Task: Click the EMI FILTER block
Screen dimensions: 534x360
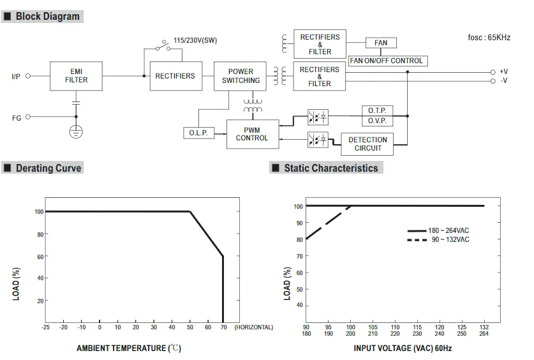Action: pyautogui.click(x=76, y=76)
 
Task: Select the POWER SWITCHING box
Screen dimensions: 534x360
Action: pyautogui.click(x=240, y=76)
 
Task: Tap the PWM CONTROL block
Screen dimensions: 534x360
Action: pyautogui.click(x=253, y=134)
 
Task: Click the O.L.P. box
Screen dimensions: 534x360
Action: pyautogui.click(x=199, y=133)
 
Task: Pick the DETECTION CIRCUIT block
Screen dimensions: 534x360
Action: pyautogui.click(x=367, y=144)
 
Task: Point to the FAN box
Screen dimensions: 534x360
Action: pyautogui.click(x=381, y=43)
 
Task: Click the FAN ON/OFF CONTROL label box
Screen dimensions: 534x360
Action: pyautogui.click(x=387, y=61)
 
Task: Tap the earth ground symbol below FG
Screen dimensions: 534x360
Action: pyautogui.click(x=76, y=131)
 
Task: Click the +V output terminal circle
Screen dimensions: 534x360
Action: pyautogui.click(x=493, y=72)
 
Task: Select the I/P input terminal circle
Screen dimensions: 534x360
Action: pyautogui.click(x=28, y=76)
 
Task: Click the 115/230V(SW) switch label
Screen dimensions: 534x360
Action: pyautogui.click(x=195, y=40)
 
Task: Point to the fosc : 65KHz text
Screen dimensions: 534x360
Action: pyautogui.click(x=489, y=38)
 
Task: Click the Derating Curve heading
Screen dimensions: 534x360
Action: pyautogui.click(x=48, y=169)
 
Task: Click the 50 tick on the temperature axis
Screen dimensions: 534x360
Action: pyautogui.click(x=190, y=327)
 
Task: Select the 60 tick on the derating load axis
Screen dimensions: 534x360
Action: pyautogui.click(x=40, y=257)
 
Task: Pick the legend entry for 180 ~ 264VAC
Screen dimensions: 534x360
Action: pyautogui.click(x=438, y=230)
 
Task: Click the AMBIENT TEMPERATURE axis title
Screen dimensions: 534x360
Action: pyautogui.click(x=129, y=348)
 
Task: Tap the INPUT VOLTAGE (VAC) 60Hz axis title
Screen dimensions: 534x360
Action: pyautogui.click(x=403, y=348)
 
